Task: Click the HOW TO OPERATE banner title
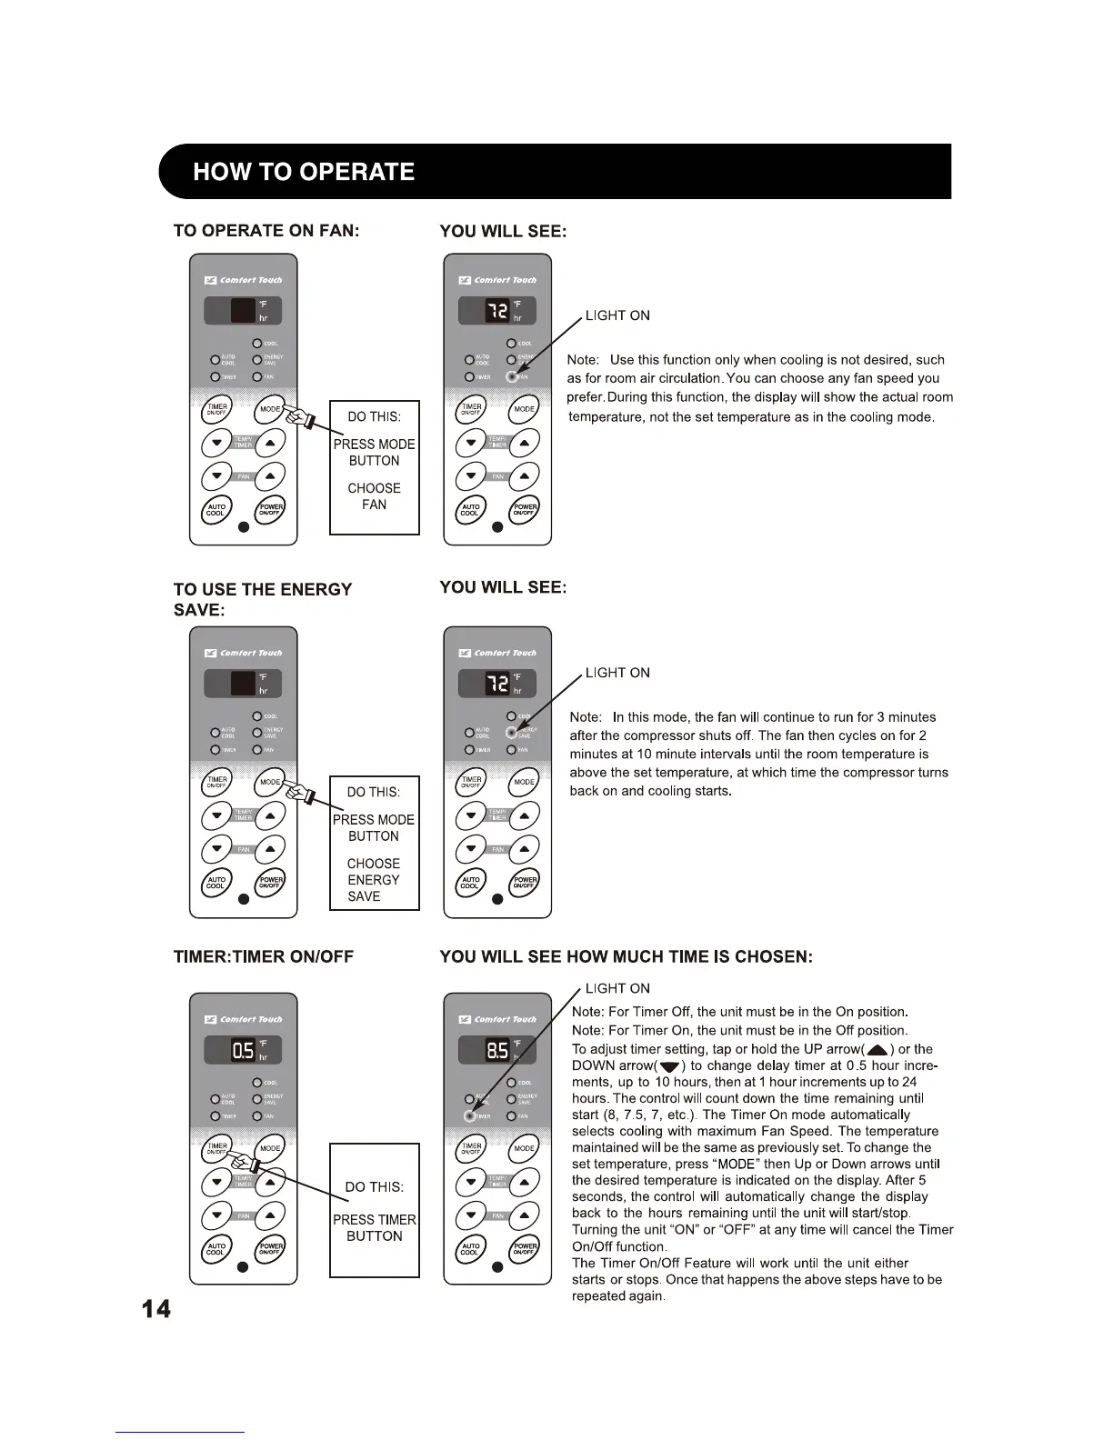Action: click(x=304, y=172)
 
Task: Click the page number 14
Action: click(x=155, y=1309)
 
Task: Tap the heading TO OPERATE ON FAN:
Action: click(x=266, y=231)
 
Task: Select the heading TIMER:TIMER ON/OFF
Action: click(x=264, y=956)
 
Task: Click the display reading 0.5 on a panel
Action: click(x=243, y=1051)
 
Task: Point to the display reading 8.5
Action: click(x=497, y=1051)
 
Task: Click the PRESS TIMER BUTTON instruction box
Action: click(x=375, y=1210)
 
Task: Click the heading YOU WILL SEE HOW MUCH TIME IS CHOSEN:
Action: click(x=626, y=956)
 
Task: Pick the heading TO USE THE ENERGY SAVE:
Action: click(x=262, y=599)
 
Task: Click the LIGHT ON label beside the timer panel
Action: click(x=617, y=988)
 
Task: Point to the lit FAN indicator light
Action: click(x=512, y=376)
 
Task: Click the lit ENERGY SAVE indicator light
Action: click(x=512, y=732)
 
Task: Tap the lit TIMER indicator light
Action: click(x=469, y=1115)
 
